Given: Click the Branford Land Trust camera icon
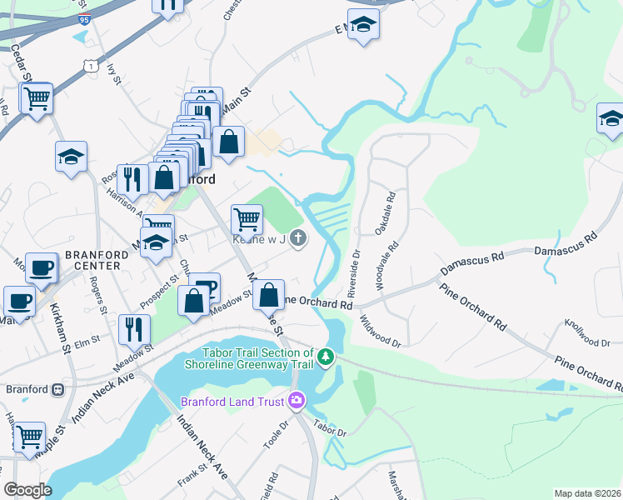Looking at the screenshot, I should pyautogui.click(x=297, y=402).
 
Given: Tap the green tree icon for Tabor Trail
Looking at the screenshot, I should pyautogui.click(x=327, y=357).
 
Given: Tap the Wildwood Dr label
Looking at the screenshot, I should pyautogui.click(x=380, y=331).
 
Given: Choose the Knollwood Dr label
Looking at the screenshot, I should pyautogui.click(x=587, y=332).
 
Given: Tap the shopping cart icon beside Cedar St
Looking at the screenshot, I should pyautogui.click(x=36, y=100).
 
